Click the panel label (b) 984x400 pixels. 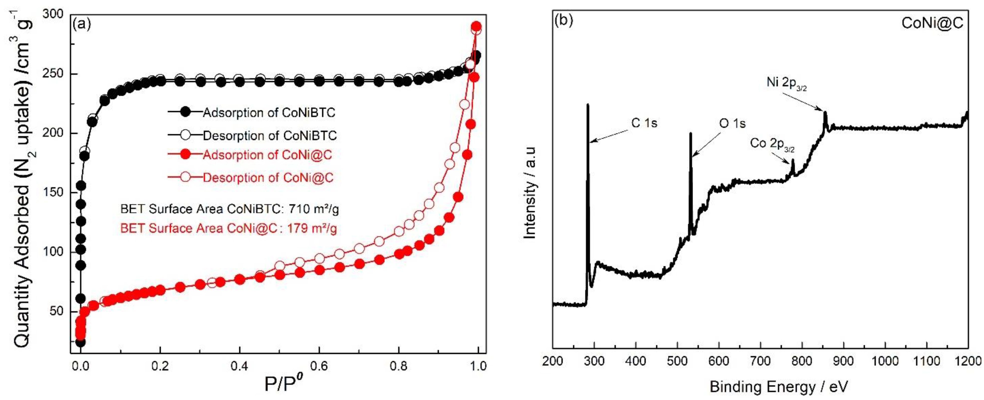tap(564, 20)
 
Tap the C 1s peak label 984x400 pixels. tap(644, 123)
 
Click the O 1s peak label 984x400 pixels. tap(732, 123)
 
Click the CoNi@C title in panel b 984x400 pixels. tap(932, 23)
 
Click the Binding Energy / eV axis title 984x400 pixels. tap(779, 387)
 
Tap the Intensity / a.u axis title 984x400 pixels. tap(530, 193)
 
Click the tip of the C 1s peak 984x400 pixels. tap(588, 104)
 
